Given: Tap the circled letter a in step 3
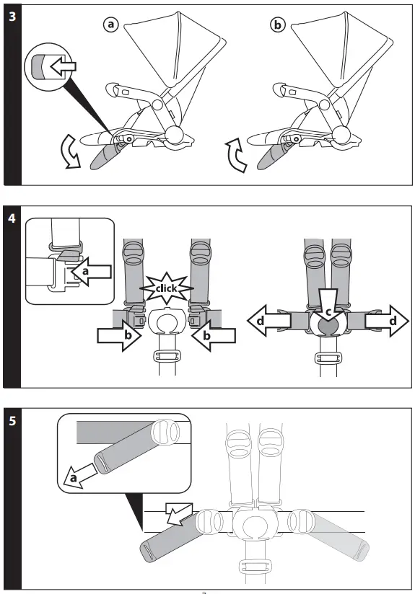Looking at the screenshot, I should point(110,25).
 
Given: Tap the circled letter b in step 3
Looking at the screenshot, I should point(277,25).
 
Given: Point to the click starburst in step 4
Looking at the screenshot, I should point(167,288).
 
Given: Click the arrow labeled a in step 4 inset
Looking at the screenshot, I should point(92,272).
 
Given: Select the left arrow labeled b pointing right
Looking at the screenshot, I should point(118,335).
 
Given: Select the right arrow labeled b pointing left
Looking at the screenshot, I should point(215,335).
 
